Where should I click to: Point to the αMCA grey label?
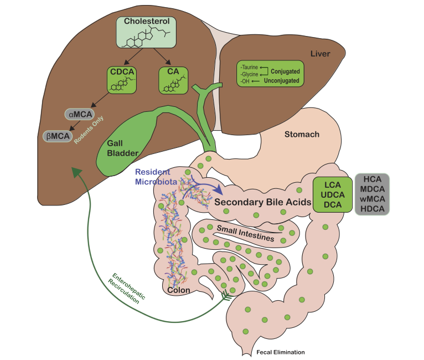[77, 115]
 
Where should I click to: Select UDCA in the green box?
[332, 196]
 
